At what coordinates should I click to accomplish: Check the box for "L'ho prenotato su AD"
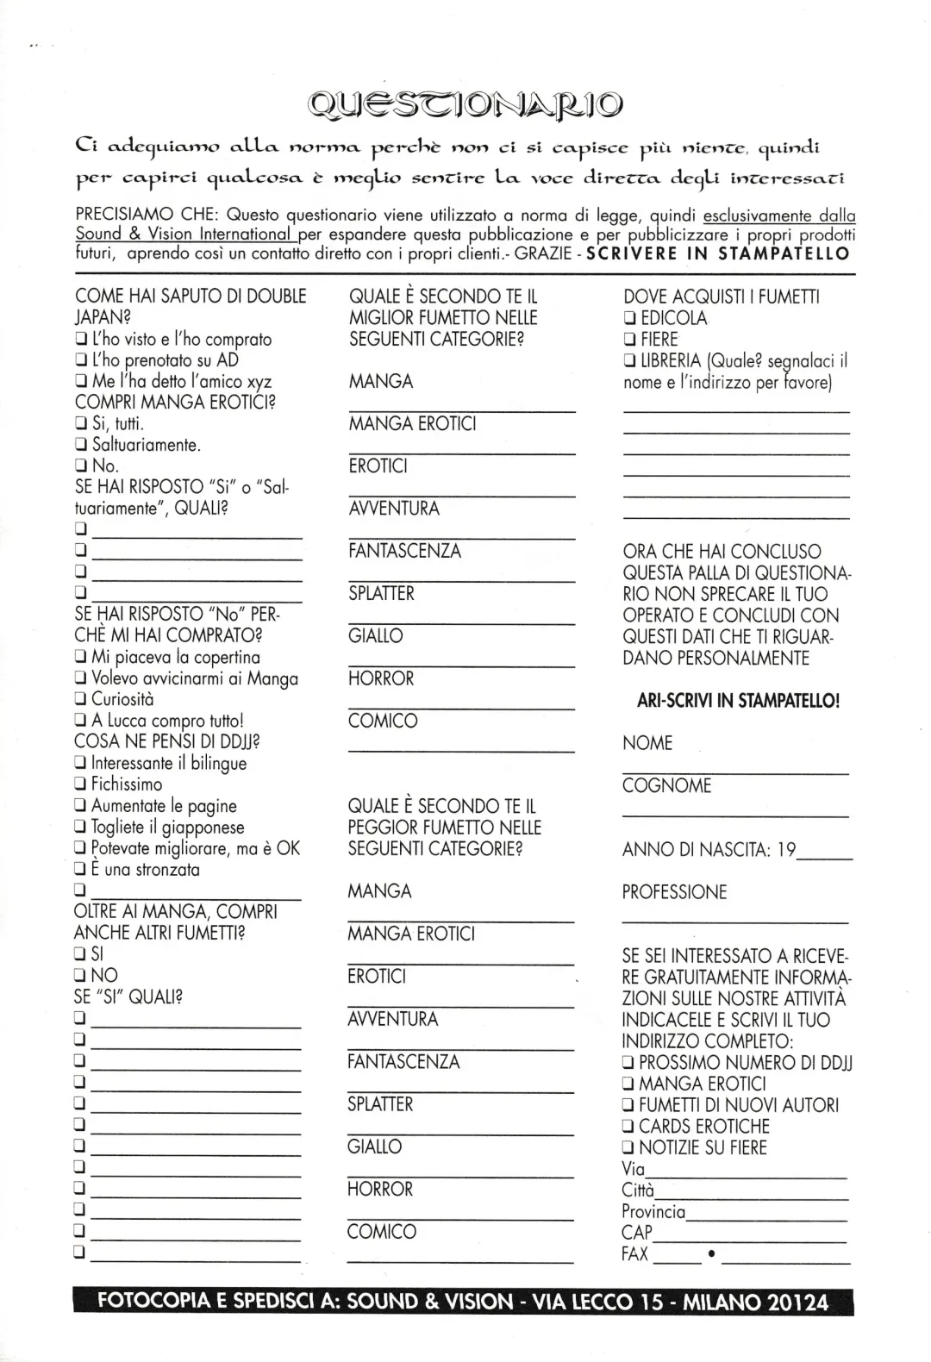81,360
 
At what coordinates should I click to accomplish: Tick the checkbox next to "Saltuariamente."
81,446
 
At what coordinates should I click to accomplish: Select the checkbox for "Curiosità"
81,700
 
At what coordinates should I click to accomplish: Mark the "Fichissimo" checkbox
81,784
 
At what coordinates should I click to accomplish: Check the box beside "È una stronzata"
81,870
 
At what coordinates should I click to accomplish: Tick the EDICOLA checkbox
629,318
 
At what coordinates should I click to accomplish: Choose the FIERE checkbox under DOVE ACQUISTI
629,340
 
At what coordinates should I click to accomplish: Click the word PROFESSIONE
674,892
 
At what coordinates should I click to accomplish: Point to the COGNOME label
667,786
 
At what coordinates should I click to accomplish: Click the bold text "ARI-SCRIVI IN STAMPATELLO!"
738,701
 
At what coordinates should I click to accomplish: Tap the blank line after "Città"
751,1197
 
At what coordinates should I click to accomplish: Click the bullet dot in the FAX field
710,1254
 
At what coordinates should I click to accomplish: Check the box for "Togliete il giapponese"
81,828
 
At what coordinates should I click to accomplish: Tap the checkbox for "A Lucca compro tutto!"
81,721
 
